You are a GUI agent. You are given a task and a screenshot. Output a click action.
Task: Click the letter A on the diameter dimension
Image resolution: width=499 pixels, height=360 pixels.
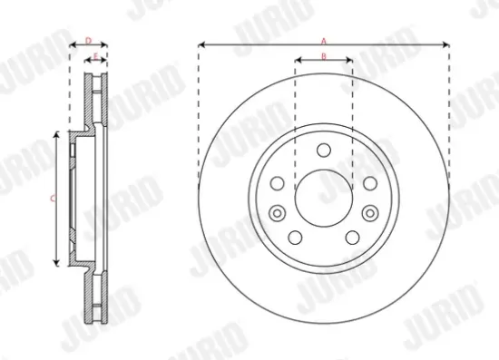point(324,39)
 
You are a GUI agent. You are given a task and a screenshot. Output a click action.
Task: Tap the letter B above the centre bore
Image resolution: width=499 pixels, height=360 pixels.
point(324,57)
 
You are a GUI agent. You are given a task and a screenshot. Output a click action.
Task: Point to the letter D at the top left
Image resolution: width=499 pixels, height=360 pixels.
point(88,40)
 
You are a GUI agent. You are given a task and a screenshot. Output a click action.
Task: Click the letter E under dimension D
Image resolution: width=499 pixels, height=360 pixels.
point(96,57)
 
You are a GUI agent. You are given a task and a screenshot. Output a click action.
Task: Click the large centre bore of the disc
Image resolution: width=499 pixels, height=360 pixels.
point(324,197)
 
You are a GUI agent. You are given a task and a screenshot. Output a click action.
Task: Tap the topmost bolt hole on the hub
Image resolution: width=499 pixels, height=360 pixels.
point(324,151)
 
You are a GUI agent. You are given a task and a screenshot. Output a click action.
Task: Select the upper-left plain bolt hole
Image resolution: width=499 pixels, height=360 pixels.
point(279,182)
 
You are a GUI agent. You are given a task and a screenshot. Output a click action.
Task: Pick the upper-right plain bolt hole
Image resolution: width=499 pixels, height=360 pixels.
point(369,182)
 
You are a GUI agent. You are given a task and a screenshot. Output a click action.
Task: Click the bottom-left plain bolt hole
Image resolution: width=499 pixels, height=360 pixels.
point(296,235)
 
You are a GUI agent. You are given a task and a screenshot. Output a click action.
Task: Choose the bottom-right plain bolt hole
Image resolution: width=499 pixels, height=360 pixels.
point(352,235)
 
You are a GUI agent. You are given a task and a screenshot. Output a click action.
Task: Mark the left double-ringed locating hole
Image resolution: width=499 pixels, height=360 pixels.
point(279,213)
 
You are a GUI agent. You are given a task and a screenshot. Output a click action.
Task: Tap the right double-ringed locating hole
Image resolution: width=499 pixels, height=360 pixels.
point(369,213)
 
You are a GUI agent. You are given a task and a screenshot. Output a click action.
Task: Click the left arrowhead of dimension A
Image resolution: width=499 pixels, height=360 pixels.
point(201,44)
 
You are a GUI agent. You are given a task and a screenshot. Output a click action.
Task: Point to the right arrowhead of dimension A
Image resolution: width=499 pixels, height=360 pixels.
point(446,44)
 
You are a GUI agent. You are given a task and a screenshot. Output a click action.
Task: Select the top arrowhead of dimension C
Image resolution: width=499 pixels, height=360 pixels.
point(59,133)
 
